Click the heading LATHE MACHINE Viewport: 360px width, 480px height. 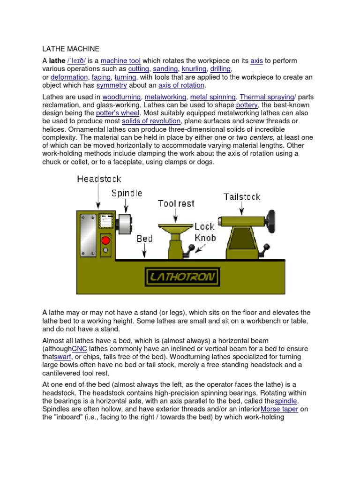(70, 48)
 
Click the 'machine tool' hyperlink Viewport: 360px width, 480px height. (120, 61)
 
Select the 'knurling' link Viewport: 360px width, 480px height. (194, 69)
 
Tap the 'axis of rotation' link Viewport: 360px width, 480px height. (181, 85)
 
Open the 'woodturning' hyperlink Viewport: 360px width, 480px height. (121, 97)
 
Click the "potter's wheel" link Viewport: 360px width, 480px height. (118, 113)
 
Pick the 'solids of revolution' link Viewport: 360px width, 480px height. (151, 121)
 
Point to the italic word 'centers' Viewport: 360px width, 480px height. (261, 137)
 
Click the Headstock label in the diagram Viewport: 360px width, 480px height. (99, 179)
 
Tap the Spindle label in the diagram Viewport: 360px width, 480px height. (127, 193)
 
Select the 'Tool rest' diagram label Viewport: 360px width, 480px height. (176, 203)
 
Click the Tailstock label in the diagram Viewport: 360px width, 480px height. (242, 196)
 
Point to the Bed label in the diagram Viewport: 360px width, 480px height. (144, 239)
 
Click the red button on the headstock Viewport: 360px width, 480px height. (106, 240)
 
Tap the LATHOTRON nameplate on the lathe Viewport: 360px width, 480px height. (181, 277)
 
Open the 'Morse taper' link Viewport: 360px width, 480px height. (280, 409)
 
